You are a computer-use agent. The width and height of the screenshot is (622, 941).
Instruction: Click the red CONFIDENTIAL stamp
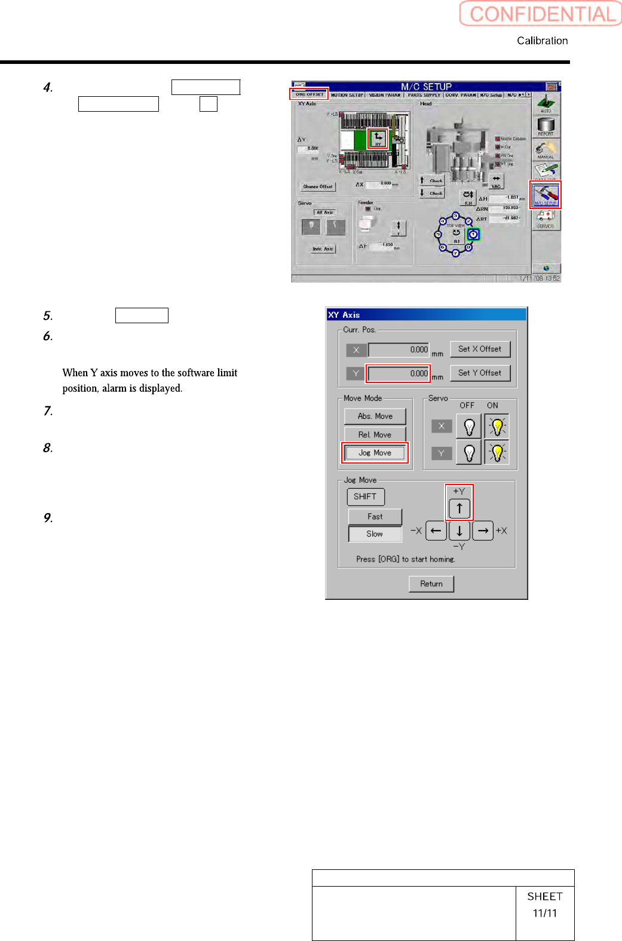541,14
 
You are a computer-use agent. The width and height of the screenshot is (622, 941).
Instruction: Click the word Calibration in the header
542,41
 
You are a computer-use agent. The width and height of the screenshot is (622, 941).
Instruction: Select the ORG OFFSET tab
310,94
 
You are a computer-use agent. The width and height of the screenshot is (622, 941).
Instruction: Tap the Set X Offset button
480,349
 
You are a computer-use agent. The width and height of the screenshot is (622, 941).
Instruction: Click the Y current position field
398,373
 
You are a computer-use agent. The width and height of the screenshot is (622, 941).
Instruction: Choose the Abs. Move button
375,416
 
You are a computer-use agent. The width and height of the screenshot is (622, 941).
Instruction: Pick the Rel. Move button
375,434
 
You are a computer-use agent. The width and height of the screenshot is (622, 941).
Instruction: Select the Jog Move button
375,453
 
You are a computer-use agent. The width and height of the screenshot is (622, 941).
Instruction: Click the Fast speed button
375,516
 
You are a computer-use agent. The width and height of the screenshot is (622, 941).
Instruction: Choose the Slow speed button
375,534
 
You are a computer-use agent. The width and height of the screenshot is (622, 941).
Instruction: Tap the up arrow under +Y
459,508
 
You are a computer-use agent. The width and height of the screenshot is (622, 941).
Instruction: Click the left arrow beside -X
436,531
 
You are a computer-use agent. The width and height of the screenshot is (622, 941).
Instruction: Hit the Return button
431,584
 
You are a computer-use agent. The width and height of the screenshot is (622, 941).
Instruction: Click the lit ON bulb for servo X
497,427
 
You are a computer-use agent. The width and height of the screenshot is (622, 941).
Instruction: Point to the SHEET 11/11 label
544,905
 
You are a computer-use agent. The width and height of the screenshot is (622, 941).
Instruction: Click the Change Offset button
317,186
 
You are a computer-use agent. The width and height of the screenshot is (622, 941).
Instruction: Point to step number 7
48,411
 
